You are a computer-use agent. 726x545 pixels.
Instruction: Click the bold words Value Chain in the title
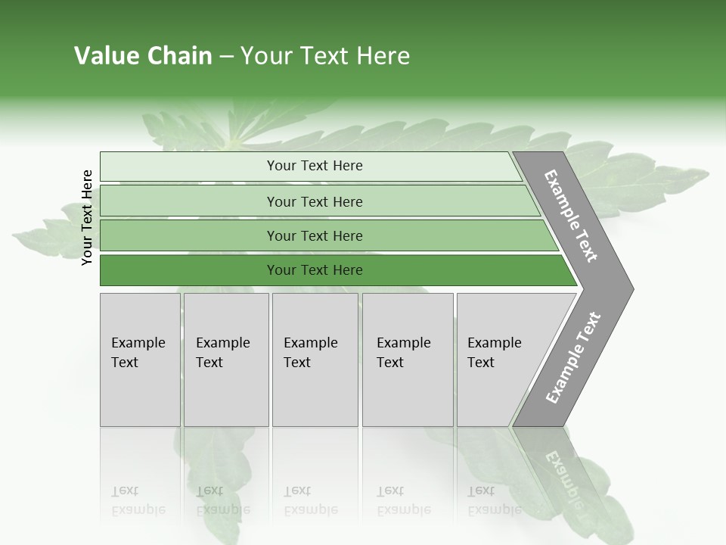(x=143, y=56)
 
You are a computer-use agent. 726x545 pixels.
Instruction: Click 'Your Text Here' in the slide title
(x=325, y=56)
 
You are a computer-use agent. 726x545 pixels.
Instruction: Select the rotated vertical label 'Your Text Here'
(x=87, y=217)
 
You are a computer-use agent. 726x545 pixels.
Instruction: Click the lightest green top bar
(x=189, y=167)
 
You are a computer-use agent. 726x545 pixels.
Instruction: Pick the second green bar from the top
(x=189, y=201)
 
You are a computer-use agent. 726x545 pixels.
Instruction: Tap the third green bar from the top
(x=189, y=235)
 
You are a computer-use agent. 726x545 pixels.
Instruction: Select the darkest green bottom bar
(x=189, y=270)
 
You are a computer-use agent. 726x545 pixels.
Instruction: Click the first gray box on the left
(x=140, y=360)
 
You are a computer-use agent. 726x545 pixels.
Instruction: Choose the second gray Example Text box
(x=226, y=360)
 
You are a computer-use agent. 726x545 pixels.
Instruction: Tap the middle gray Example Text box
(x=316, y=360)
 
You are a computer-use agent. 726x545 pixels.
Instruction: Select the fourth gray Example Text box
(x=408, y=360)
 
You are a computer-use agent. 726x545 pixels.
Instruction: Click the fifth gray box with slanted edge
(x=499, y=360)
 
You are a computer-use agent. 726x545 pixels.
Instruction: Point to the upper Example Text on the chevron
(x=572, y=216)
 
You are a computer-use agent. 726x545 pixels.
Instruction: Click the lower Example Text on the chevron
(x=573, y=357)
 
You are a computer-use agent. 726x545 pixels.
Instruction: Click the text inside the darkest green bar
(x=315, y=270)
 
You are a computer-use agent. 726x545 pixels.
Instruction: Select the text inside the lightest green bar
(x=315, y=166)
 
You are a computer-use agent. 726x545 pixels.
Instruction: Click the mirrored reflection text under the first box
(x=138, y=500)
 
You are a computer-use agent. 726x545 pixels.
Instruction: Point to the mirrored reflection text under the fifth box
(x=494, y=500)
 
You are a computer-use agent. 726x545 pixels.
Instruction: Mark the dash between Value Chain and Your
(x=226, y=57)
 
